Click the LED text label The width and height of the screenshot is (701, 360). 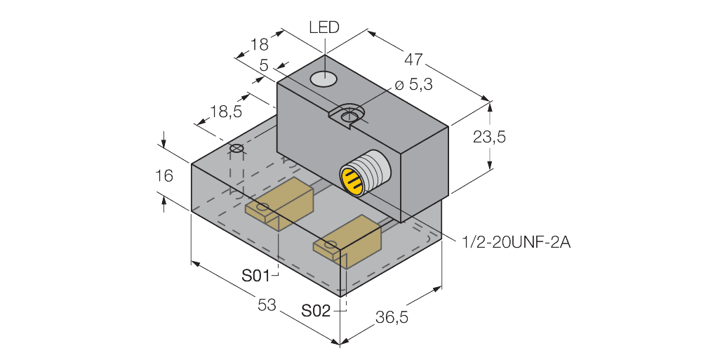click(x=324, y=27)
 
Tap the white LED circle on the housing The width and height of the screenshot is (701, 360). click(x=324, y=79)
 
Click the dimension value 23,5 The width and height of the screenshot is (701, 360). click(x=489, y=137)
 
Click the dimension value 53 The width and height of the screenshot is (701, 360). click(x=265, y=304)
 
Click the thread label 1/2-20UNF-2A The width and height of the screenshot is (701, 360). click(x=516, y=243)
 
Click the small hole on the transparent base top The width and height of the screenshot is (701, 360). click(x=237, y=149)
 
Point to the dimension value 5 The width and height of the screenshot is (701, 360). click(x=264, y=65)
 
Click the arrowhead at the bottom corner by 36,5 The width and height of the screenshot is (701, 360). click(x=341, y=342)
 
